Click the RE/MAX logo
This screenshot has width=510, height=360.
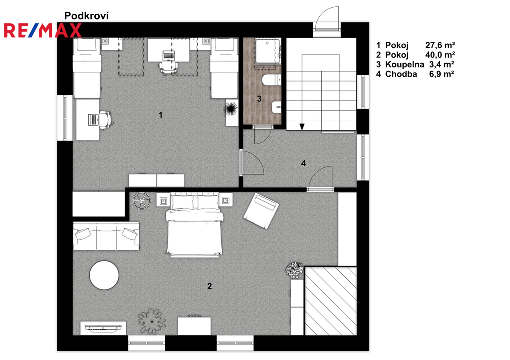[x=43, y=30]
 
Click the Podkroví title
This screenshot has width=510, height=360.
[x=86, y=15]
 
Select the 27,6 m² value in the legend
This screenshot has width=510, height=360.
[x=440, y=45]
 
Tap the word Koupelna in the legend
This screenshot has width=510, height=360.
[x=404, y=64]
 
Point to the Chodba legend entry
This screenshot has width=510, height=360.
[x=415, y=74]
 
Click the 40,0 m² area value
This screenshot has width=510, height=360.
[x=440, y=55]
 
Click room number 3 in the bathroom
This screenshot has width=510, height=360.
[x=259, y=98]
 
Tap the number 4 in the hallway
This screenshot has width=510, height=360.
[x=303, y=163]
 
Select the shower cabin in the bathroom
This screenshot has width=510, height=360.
[x=267, y=52]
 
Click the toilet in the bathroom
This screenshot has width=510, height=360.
[x=272, y=80]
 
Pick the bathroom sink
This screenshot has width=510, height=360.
[x=276, y=107]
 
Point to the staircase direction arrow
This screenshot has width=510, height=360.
[x=302, y=127]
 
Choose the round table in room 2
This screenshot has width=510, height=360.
[x=104, y=275]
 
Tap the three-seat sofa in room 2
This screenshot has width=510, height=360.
[x=107, y=236]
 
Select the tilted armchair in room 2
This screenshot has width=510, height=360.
[x=261, y=211]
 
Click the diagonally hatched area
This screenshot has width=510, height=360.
[x=331, y=301]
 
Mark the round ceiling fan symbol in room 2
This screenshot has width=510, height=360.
[x=142, y=201]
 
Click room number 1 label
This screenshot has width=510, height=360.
[x=160, y=115]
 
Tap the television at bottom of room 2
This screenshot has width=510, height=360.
[x=103, y=328]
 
